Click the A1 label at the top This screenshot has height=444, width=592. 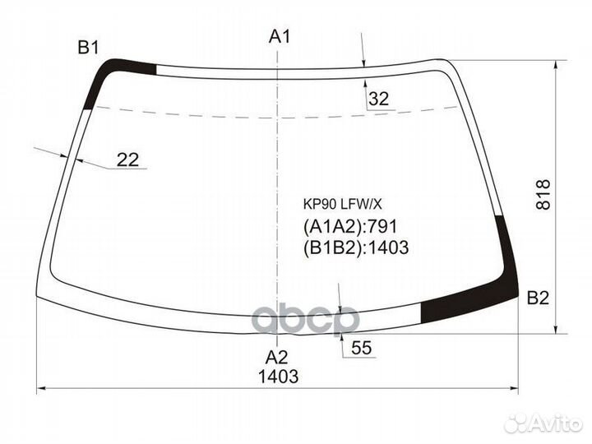coord(280,35)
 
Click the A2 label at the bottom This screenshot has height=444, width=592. coord(277,358)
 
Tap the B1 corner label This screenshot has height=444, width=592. coord(89,47)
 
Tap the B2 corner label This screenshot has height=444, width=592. coord(538,298)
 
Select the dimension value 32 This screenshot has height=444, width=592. coord(378,99)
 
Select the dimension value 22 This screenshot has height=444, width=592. coord(127,160)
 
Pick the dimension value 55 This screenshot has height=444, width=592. coord(362,349)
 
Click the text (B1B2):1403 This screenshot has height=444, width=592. coord(356,247)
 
